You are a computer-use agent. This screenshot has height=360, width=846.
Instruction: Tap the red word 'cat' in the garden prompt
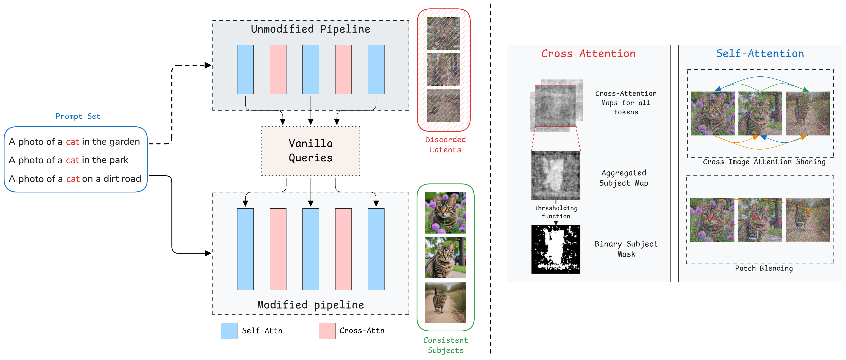pyautogui.click(x=72, y=142)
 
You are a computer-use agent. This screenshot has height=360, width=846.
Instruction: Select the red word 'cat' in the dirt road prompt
pyautogui.click(x=73, y=179)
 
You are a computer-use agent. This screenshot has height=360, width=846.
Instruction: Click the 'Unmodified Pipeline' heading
pyautogui.click(x=310, y=29)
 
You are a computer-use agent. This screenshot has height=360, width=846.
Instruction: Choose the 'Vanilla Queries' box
pyautogui.click(x=311, y=151)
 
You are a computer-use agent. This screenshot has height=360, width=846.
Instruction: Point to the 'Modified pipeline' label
pyautogui.click(x=310, y=305)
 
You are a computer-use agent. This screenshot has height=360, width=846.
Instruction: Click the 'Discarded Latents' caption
pyautogui.click(x=445, y=144)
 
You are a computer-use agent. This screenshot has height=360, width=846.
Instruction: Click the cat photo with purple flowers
pyautogui.click(x=445, y=213)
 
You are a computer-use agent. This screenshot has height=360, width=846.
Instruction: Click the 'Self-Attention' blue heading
pyautogui.click(x=760, y=54)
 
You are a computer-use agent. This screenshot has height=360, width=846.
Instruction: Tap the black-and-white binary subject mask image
pyautogui.click(x=556, y=249)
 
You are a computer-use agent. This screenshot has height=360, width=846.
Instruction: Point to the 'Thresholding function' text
pyautogui.click(x=556, y=212)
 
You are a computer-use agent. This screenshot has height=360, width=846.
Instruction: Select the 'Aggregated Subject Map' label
pyautogui.click(x=623, y=178)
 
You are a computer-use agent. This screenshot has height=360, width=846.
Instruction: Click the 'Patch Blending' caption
pyautogui.click(x=764, y=268)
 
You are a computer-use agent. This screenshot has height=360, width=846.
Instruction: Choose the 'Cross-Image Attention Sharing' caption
pyautogui.click(x=764, y=162)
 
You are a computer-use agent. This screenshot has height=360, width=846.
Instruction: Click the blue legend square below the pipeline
pyautogui.click(x=229, y=331)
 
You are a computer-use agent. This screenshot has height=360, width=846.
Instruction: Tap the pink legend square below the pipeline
pyautogui.click(x=327, y=331)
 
